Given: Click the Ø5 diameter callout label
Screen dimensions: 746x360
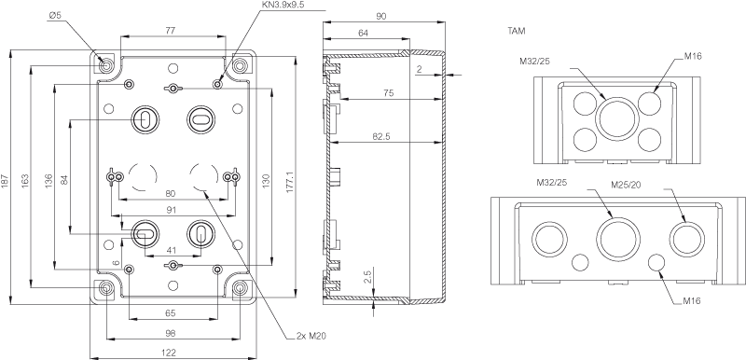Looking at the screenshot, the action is [55, 16].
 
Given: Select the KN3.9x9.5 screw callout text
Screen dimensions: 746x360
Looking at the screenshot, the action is [283, 5].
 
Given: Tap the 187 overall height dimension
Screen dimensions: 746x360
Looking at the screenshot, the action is [5, 180].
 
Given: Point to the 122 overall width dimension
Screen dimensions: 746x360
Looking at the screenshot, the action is [170, 353].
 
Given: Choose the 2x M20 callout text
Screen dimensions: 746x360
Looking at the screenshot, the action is [311, 337].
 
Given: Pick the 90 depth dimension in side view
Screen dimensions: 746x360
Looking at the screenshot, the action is [380, 16].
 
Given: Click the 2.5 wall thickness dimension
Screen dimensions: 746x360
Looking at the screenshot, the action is [367, 278].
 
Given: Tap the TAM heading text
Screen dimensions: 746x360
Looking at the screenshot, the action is [517, 32].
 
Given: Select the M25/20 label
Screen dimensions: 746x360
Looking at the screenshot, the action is [624, 185].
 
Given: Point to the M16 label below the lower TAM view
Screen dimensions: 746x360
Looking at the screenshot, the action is [692, 300].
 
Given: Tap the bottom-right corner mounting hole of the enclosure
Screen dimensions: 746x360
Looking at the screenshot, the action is [241, 288].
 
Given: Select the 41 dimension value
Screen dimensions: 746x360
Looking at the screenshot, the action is [172, 249].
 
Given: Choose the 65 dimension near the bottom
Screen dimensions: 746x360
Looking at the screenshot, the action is [171, 313].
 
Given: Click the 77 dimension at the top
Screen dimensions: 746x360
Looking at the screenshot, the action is [171, 30].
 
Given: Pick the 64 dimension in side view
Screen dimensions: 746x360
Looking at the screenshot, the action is [364, 33].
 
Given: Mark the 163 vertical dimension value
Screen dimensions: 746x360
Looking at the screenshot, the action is [25, 180].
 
